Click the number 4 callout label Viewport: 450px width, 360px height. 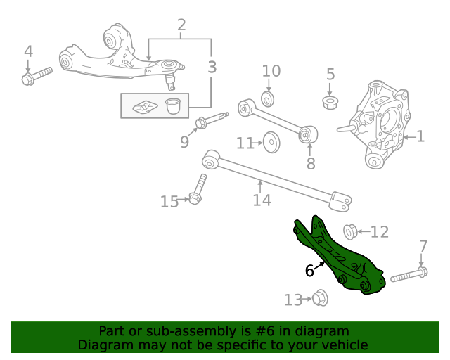pyautogui.click(x=28, y=51)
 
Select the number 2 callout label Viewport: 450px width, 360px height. pyautogui.click(x=181, y=26)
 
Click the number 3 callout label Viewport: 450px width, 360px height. pyautogui.click(x=212, y=67)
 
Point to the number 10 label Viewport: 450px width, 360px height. pyautogui.click(x=271, y=71)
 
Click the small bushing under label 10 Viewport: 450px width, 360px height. pyautogui.click(x=267, y=97)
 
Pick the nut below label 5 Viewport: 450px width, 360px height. pyautogui.click(x=330, y=103)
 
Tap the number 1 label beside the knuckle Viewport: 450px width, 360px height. pyautogui.click(x=420, y=136)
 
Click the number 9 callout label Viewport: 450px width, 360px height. pyautogui.click(x=184, y=142)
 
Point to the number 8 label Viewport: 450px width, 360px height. pyautogui.click(x=311, y=164)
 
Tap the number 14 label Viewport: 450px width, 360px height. pyautogui.click(x=262, y=200)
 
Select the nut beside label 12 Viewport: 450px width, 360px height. pyautogui.click(x=349, y=231)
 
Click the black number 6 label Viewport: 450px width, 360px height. pyautogui.click(x=309, y=271)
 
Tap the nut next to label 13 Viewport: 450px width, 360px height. pyautogui.click(x=318, y=298)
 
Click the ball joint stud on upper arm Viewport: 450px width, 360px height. pyautogui.click(x=169, y=79)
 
